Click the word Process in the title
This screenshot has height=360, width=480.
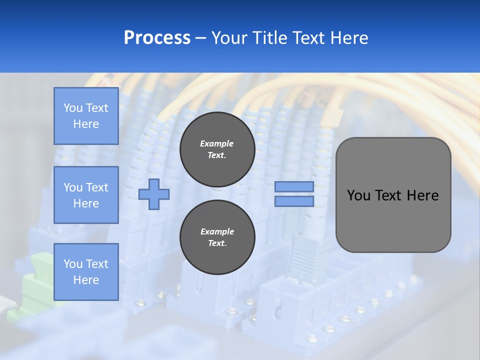157,38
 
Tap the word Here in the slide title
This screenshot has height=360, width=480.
348,38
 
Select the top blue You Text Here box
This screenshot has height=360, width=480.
86,116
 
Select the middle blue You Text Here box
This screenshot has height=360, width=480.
86,195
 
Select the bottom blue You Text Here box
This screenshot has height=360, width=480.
86,271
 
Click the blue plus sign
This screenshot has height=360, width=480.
154,194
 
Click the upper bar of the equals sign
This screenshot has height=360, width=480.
294,187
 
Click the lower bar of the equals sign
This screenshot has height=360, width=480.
294,201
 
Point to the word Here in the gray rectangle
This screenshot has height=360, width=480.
423,195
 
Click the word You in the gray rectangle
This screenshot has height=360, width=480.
358,195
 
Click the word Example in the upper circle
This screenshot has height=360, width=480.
217,143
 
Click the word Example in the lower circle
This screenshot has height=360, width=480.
217,231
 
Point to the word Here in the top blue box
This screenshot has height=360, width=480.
86,124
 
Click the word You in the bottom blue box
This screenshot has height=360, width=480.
73,264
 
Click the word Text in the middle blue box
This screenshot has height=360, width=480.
97,187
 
